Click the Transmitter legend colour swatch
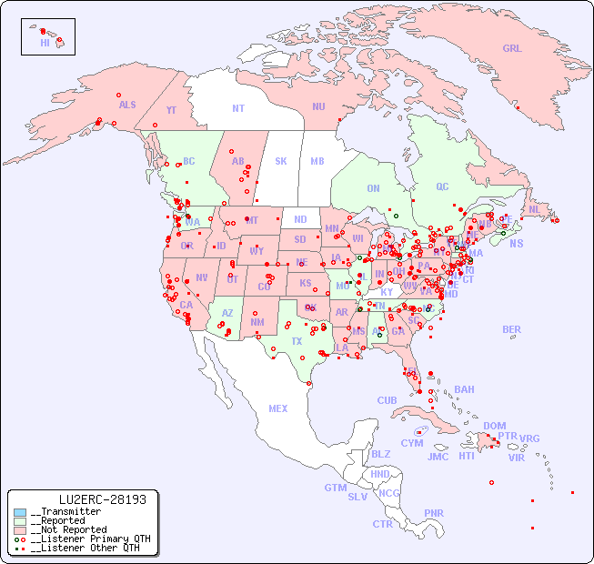coord(20,512)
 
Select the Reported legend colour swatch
coord(20,521)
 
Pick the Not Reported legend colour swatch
coord(20,529)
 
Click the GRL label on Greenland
coord(512,49)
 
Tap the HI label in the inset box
coord(45,43)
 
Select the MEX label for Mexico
coord(278,409)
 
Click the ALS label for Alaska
coord(127,106)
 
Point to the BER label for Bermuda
coord(512,330)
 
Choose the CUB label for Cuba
coord(387,401)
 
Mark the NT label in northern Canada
coord(237,108)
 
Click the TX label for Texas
coord(297,342)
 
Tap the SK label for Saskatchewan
coord(281,162)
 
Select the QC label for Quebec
coord(442,187)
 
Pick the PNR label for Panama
coord(434,513)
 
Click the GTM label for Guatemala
coord(335,488)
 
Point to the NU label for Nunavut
coord(318,107)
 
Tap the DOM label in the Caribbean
coord(494,426)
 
